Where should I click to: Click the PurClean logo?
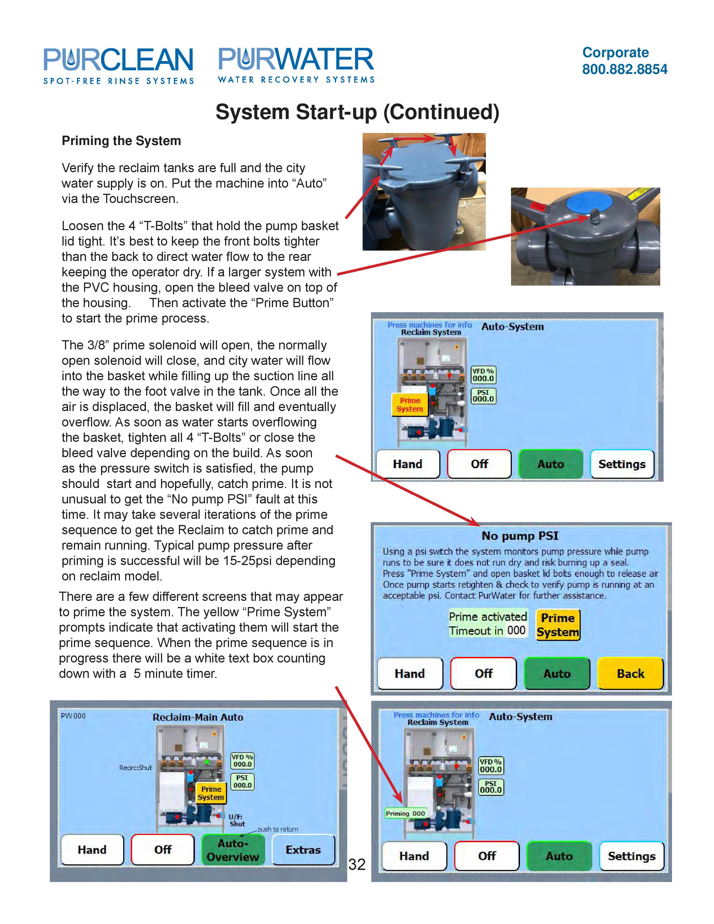[x=118, y=66]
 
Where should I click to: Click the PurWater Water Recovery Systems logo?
[x=296, y=65]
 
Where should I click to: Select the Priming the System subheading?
[x=122, y=141]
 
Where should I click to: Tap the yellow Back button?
[x=630, y=673]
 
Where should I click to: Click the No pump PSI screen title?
[x=520, y=536]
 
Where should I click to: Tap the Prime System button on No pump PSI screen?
[x=557, y=624]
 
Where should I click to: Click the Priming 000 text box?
[x=405, y=813]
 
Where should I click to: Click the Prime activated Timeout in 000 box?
[x=488, y=624]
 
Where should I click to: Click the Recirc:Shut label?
[x=135, y=767]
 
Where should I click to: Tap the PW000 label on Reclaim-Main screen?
[x=73, y=716]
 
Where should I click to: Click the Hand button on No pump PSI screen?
[x=409, y=673]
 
